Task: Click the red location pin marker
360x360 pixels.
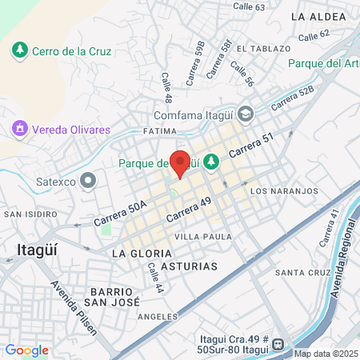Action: [181, 163]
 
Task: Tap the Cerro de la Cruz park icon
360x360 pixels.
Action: [19, 50]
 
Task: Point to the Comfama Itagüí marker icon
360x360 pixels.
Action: [246, 113]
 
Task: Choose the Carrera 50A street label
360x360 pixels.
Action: [120, 213]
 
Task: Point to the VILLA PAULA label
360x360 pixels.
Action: [203, 237]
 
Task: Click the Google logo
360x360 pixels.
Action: [26, 350]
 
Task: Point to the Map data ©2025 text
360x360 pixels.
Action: [326, 354]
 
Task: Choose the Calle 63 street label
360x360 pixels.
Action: [248, 7]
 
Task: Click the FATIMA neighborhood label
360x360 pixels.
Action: [158, 130]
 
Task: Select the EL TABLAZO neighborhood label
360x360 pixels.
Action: [258, 47]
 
